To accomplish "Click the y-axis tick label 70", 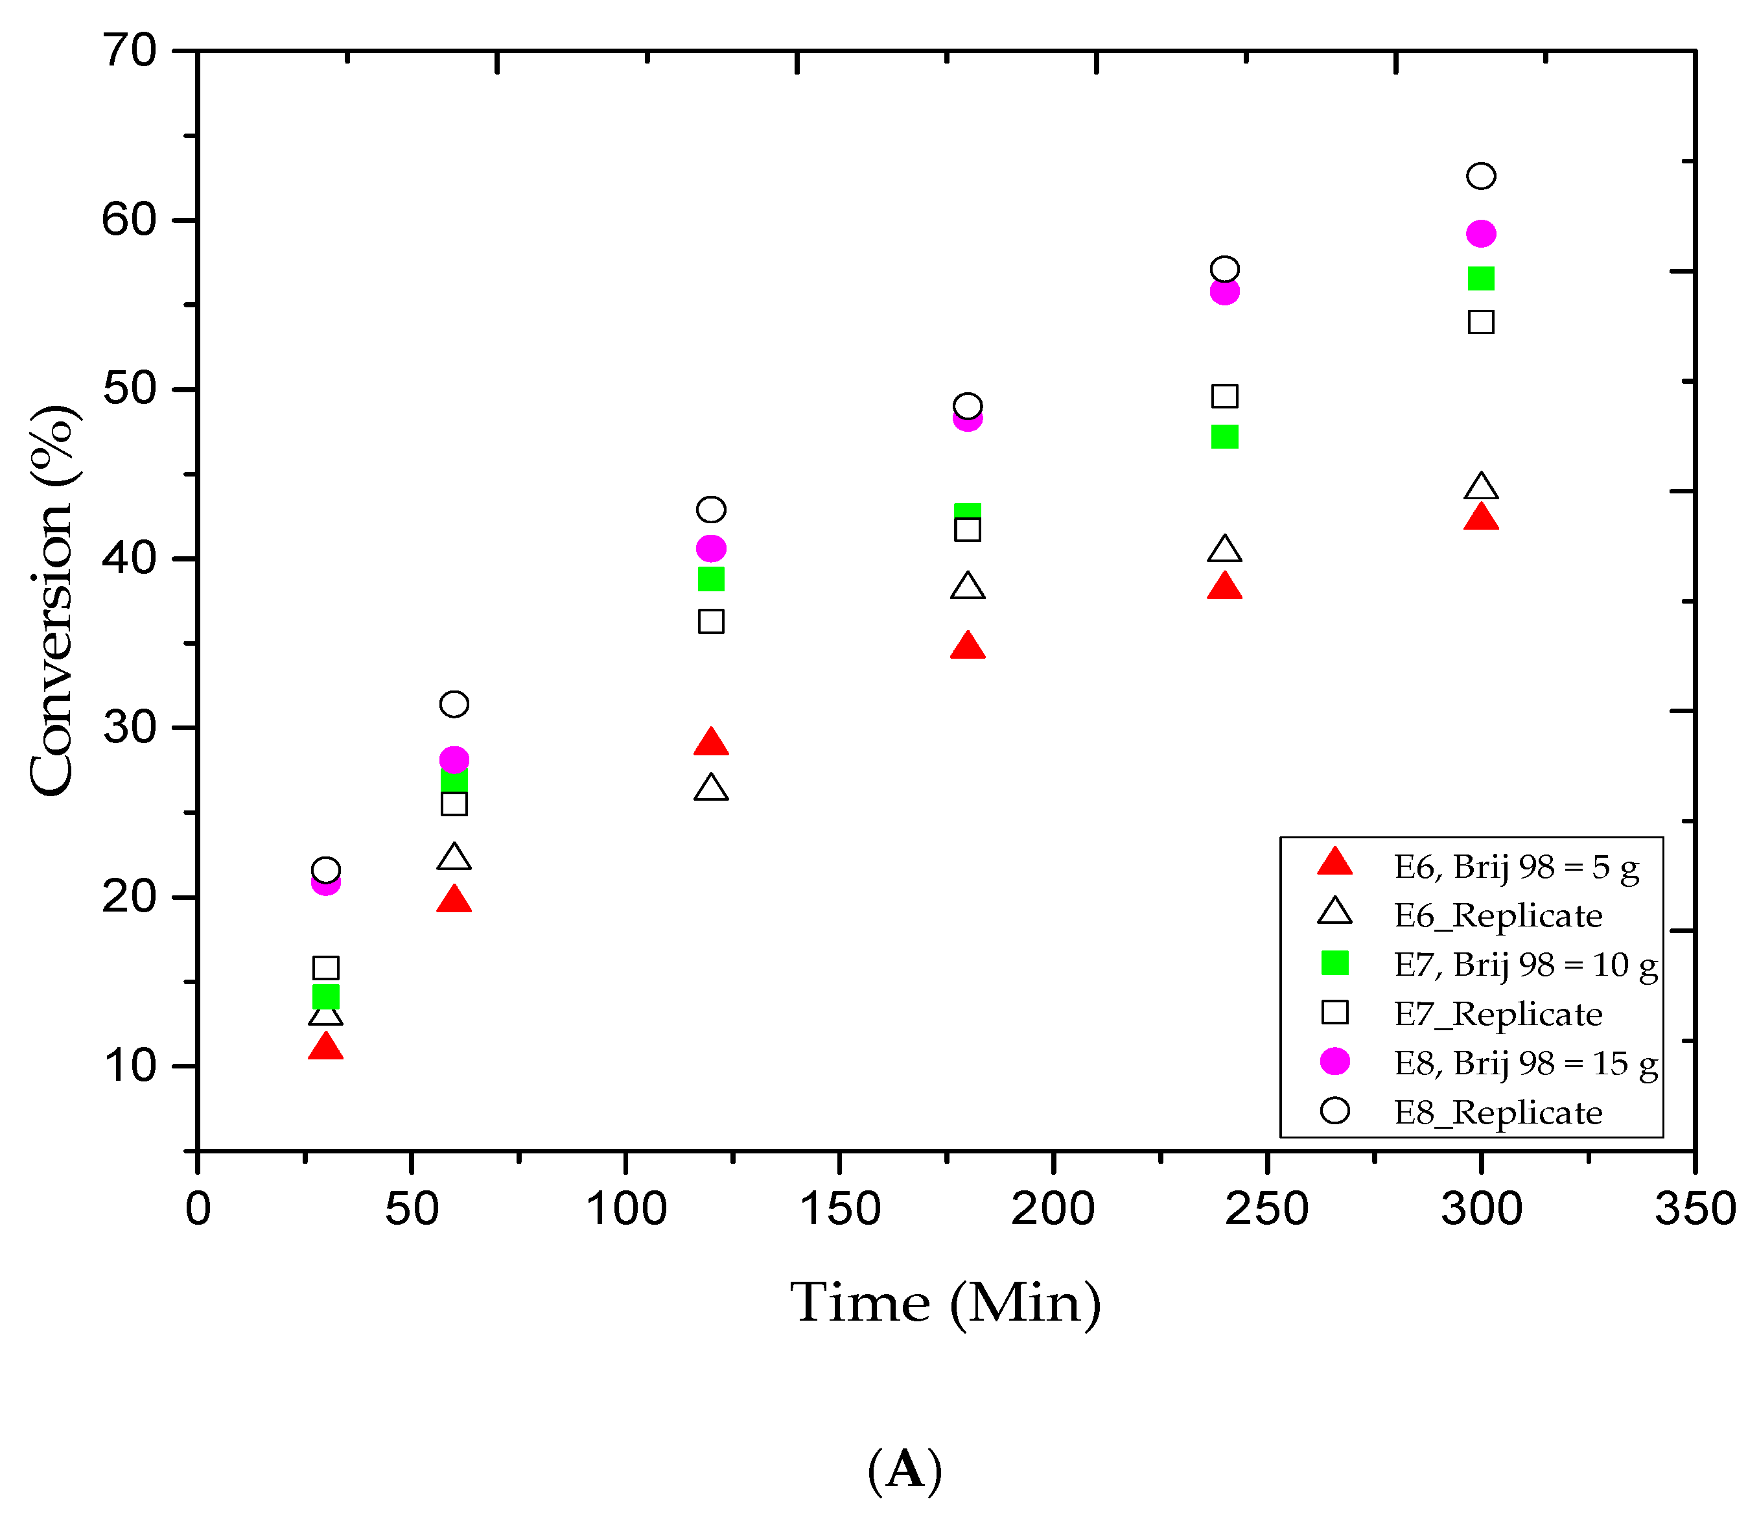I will click(129, 51).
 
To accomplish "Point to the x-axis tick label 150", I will click(839, 1209).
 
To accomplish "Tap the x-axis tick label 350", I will click(1694, 1209).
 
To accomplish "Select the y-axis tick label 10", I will click(129, 1066).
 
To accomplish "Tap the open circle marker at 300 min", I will click(1480, 176).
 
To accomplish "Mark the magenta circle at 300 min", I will click(1480, 233).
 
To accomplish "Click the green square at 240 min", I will click(1224, 436).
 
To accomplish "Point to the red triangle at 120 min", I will click(710, 743).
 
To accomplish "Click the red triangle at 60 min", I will click(454, 900).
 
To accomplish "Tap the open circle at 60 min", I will click(454, 704).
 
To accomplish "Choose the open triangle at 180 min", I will click(968, 587).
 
